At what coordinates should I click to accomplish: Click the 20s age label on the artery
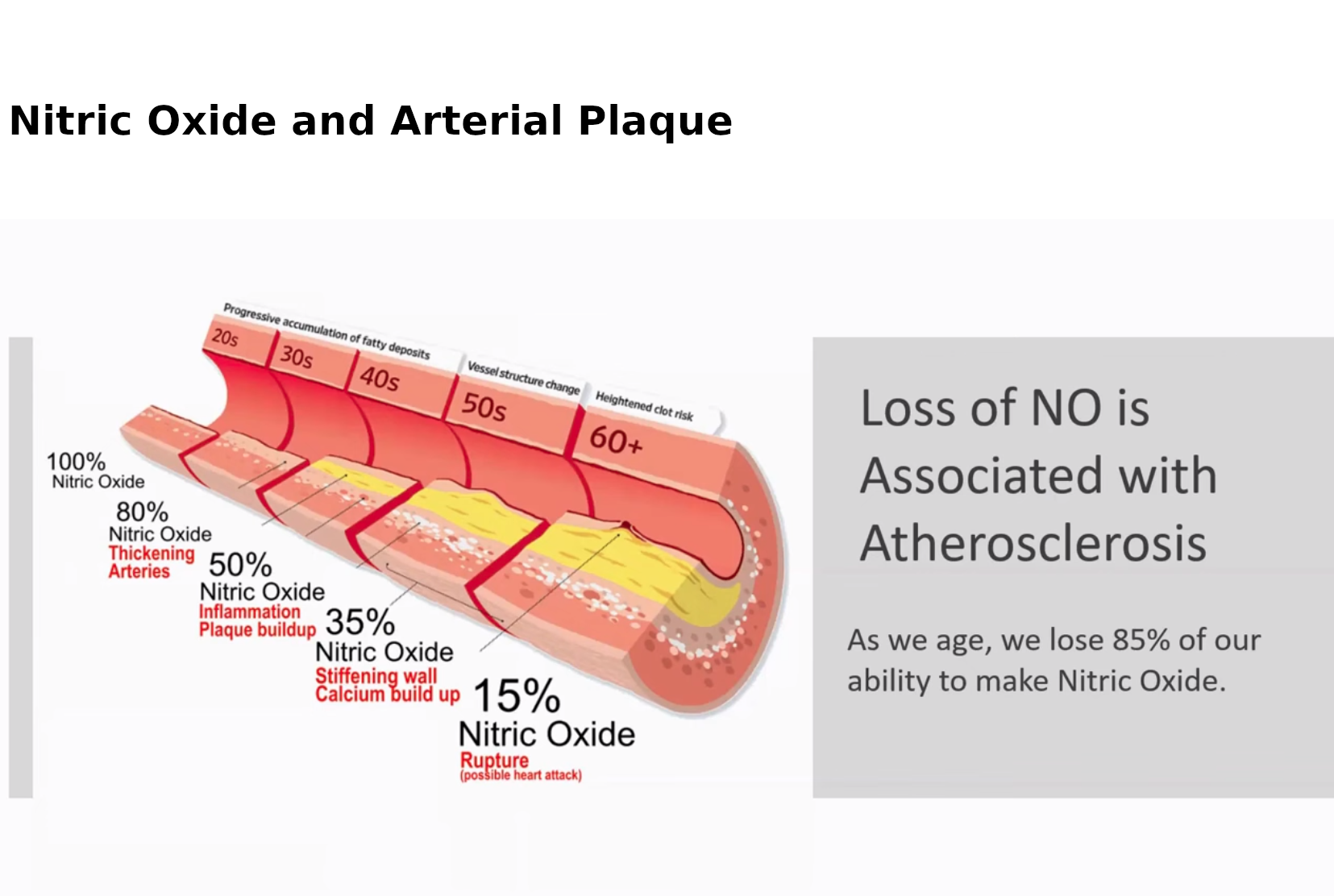point(225,338)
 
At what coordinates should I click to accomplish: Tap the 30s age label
point(296,357)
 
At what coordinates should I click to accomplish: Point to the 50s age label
point(484,407)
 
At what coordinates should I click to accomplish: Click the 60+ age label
point(616,441)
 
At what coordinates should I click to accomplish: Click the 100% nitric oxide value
point(76,462)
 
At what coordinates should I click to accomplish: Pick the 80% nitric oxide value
point(143,512)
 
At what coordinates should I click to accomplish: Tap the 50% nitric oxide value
point(240,564)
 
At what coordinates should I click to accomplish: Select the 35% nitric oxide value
point(359,621)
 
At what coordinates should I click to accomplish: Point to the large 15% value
point(517,695)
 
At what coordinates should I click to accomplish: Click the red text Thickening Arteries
point(152,562)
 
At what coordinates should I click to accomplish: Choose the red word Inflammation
point(250,612)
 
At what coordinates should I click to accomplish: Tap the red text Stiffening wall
point(376,676)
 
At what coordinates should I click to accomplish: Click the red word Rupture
point(494,761)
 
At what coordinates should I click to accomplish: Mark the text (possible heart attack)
point(521,775)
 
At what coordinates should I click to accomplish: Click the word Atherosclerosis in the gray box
point(1033,543)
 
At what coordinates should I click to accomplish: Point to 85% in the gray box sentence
point(1141,640)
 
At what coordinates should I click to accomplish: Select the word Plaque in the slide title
point(655,122)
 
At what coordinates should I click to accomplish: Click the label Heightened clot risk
point(644,406)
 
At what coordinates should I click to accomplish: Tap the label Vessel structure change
point(523,377)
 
